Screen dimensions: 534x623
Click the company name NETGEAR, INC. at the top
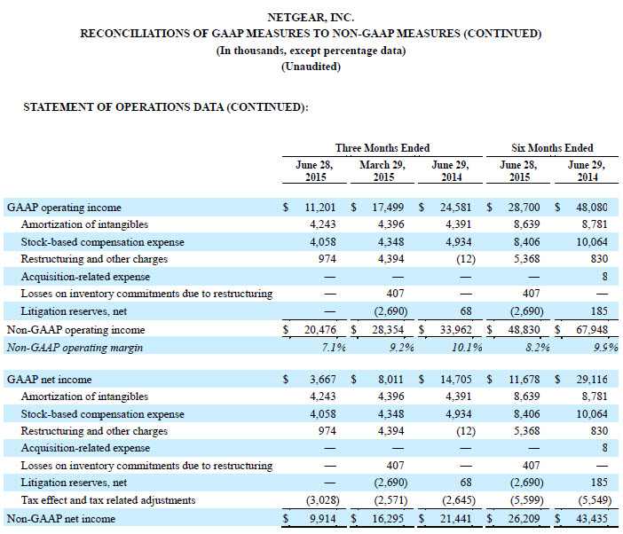coord(311,17)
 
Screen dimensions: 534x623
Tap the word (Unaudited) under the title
coord(311,67)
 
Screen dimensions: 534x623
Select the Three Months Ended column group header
coord(382,147)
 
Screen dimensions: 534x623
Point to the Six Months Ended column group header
coord(552,147)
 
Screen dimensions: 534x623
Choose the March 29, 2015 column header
coord(382,170)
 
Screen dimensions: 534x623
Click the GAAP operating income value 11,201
coord(318,208)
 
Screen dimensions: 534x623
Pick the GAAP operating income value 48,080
coord(590,208)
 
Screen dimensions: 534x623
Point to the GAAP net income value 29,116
coord(590,381)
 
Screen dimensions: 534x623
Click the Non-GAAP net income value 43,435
coord(590,518)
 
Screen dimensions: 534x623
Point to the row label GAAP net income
coord(49,381)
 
